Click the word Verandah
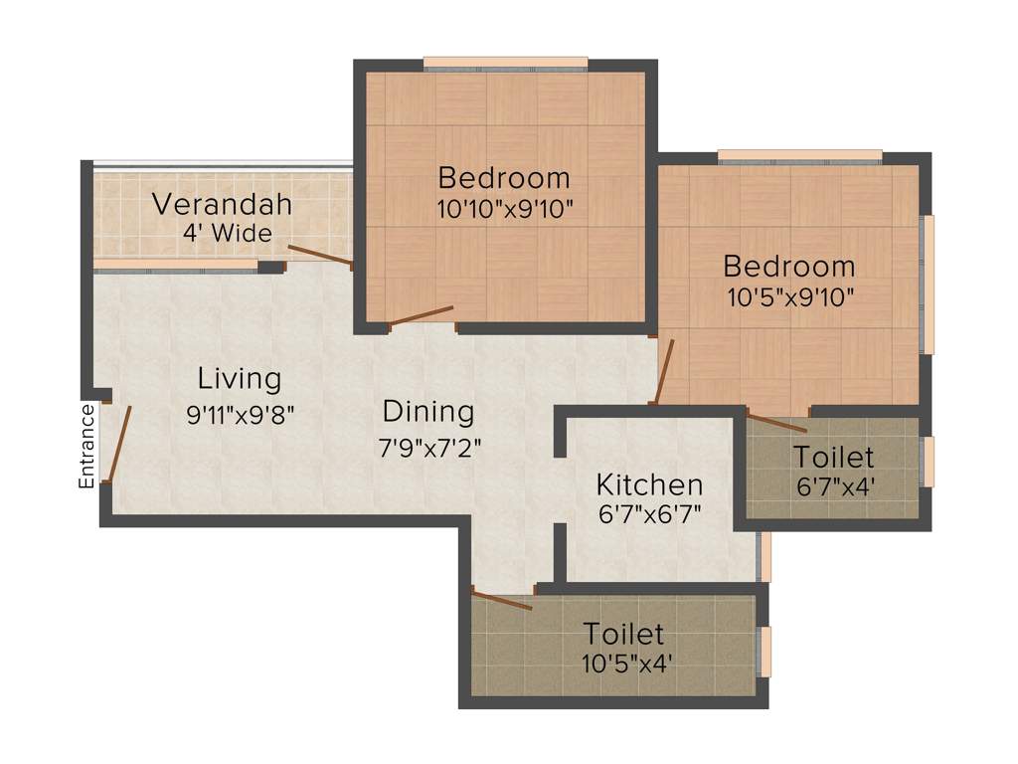222,205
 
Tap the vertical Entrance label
87,445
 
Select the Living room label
240,379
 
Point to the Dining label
428,411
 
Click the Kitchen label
649,484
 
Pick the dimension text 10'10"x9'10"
505,210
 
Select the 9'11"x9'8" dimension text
240,414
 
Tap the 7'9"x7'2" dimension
428,447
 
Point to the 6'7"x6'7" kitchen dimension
649,517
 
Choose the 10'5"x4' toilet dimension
623,664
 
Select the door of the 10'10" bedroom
423,315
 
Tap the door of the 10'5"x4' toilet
502,600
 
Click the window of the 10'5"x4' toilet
764,652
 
